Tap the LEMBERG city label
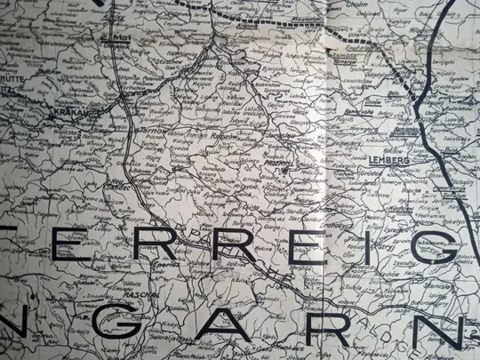tap(388, 161)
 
